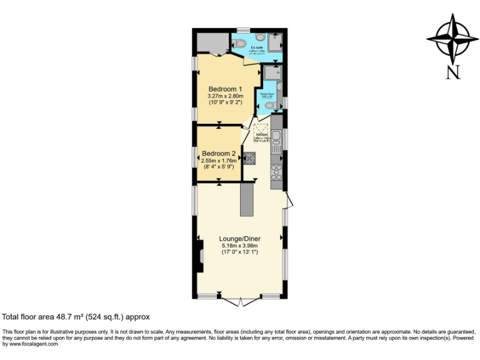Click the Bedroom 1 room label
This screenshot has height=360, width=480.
pyautogui.click(x=225, y=88)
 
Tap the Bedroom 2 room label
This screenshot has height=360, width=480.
pyautogui.click(x=218, y=153)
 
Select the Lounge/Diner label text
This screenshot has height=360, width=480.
pyautogui.click(x=239, y=239)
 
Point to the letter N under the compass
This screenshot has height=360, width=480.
pyautogui.click(x=452, y=72)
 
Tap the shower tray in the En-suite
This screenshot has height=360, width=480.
pyautogui.click(x=276, y=42)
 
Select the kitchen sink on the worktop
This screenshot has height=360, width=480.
pyautogui.click(x=276, y=138)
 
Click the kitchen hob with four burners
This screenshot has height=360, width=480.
pyautogui.click(x=276, y=171)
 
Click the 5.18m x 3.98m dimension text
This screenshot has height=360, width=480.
pyautogui.click(x=239, y=246)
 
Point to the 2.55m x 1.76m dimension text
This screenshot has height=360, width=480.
pyautogui.click(x=218, y=161)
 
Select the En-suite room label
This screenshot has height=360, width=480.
pyautogui.click(x=256, y=47)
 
